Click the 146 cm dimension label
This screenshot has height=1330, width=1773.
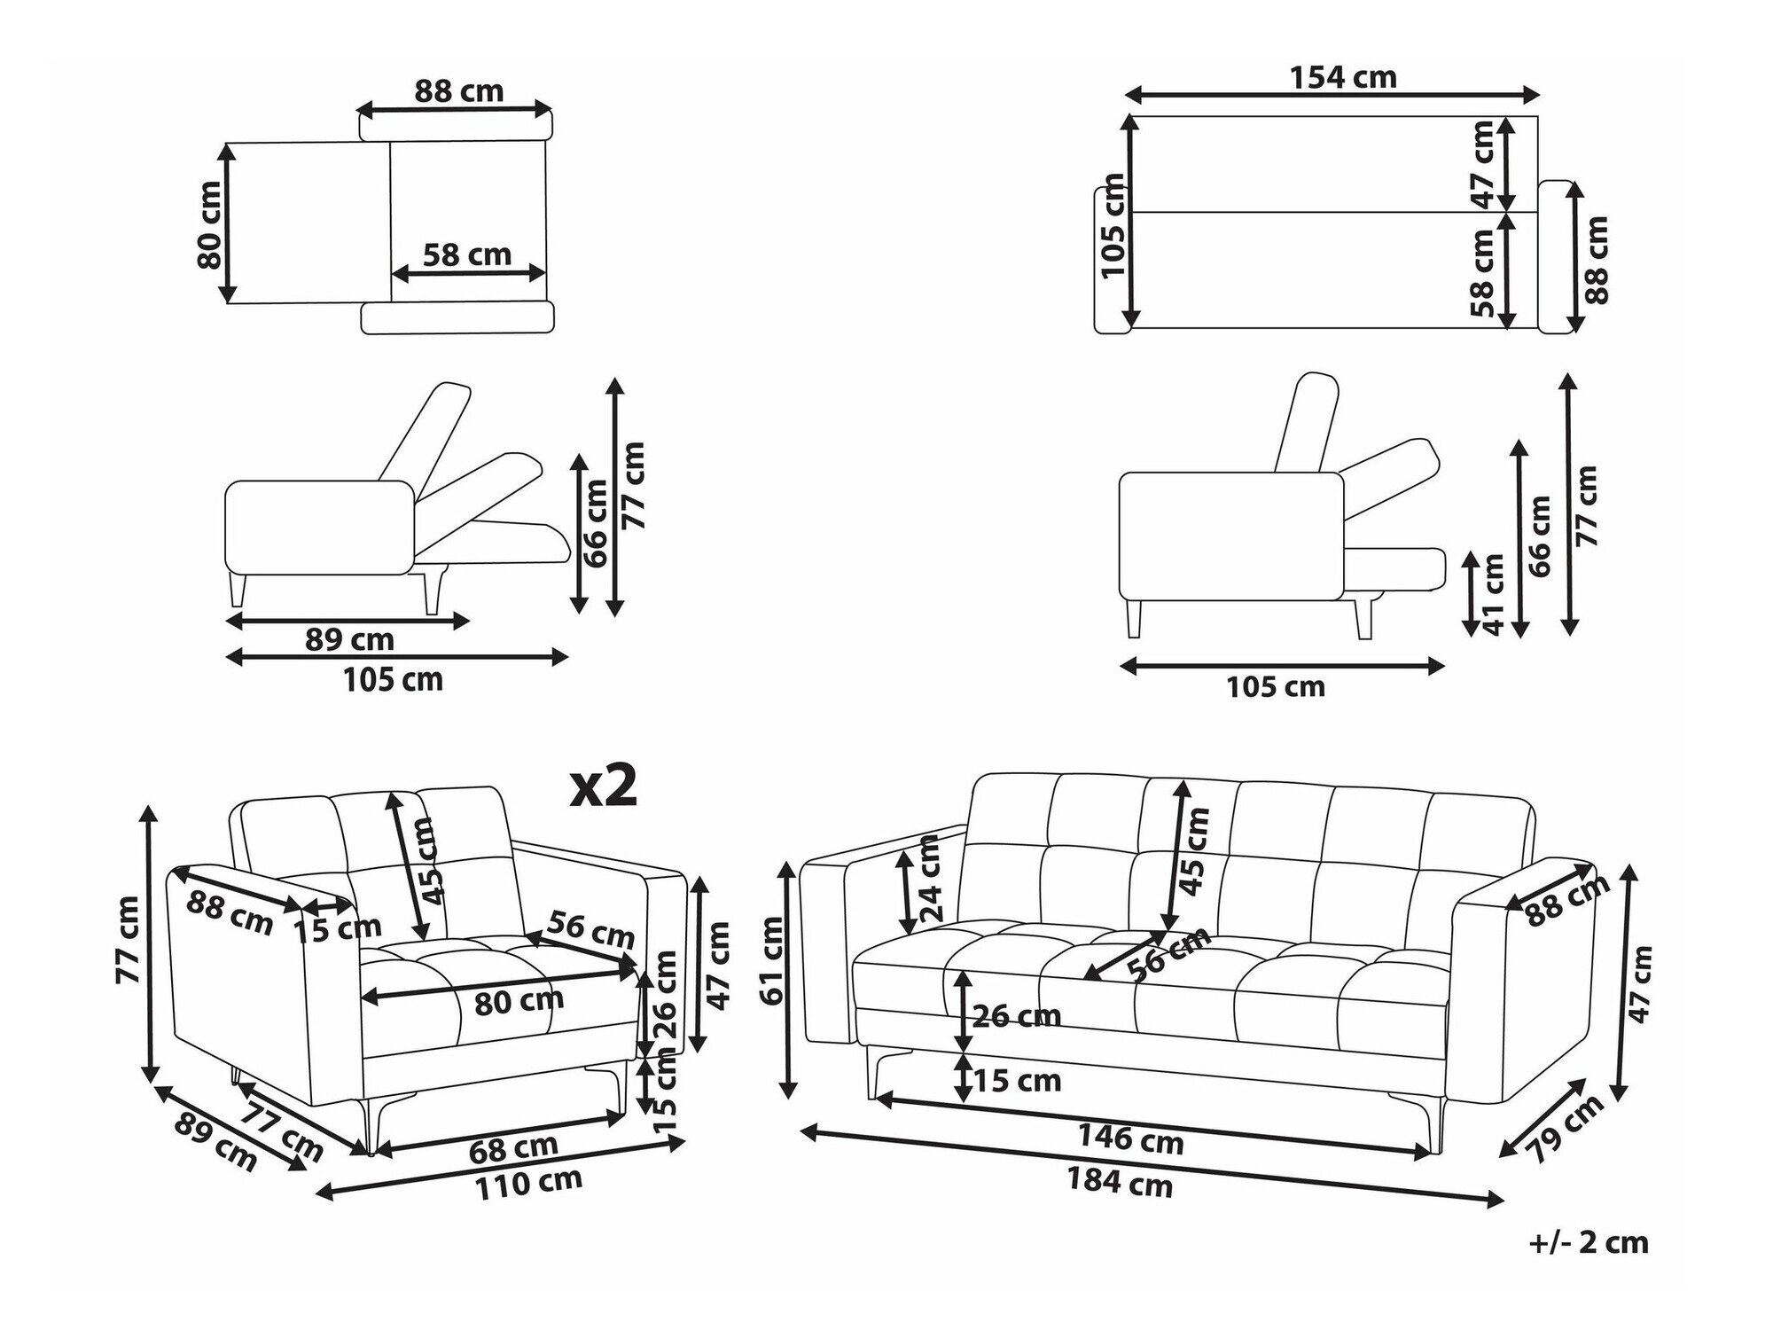point(1131,1137)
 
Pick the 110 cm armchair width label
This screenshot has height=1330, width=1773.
point(529,1184)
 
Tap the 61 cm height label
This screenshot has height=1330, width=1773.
point(773,960)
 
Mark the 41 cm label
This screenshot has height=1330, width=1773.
point(1493,594)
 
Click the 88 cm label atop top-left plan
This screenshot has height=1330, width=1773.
point(458,91)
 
